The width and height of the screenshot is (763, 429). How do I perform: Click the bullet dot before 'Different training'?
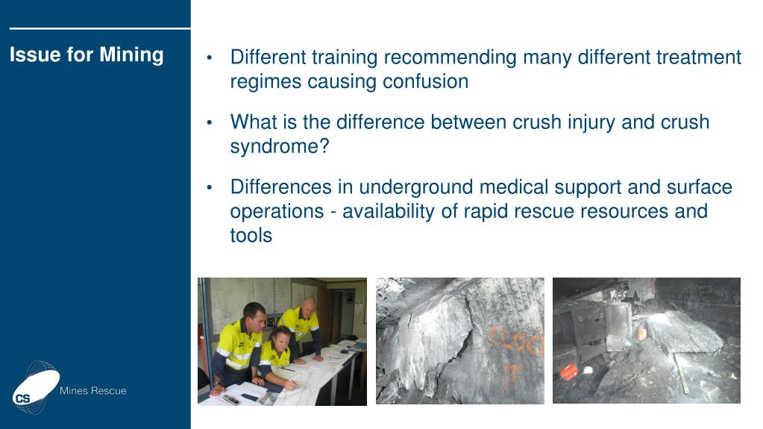[x=210, y=58]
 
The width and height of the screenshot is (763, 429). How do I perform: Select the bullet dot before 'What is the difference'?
[x=210, y=123]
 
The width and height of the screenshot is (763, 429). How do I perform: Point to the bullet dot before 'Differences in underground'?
[x=210, y=188]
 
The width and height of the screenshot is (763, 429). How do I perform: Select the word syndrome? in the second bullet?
[x=279, y=146]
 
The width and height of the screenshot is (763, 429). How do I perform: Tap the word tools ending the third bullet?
[x=251, y=236]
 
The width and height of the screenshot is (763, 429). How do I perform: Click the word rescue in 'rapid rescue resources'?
[x=536, y=211]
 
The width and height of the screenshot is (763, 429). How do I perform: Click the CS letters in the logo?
[x=23, y=398]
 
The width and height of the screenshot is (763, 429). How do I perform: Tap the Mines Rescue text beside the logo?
[x=92, y=391]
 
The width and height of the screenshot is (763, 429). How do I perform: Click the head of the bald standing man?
[x=309, y=304]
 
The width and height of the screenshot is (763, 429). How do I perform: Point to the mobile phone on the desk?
[x=231, y=399]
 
